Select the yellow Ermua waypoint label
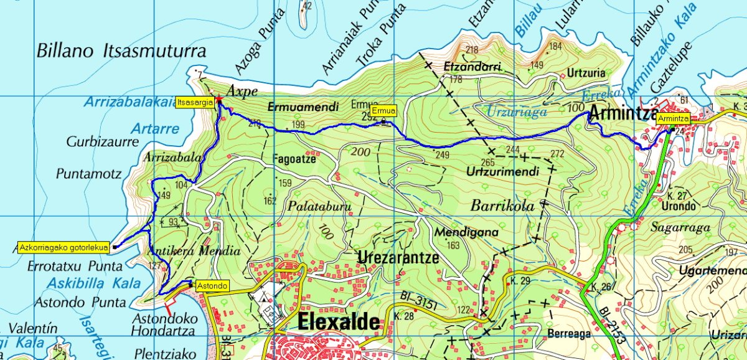pos(385,111)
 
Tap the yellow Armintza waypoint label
pos(673,118)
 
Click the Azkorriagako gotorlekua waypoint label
pos(63,247)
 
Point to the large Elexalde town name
pos(339,322)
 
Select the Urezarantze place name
pos(398,257)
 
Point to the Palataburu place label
pos(319,206)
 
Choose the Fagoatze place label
pos(295,159)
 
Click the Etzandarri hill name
pos(473,66)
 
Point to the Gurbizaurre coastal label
pos(102,142)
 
